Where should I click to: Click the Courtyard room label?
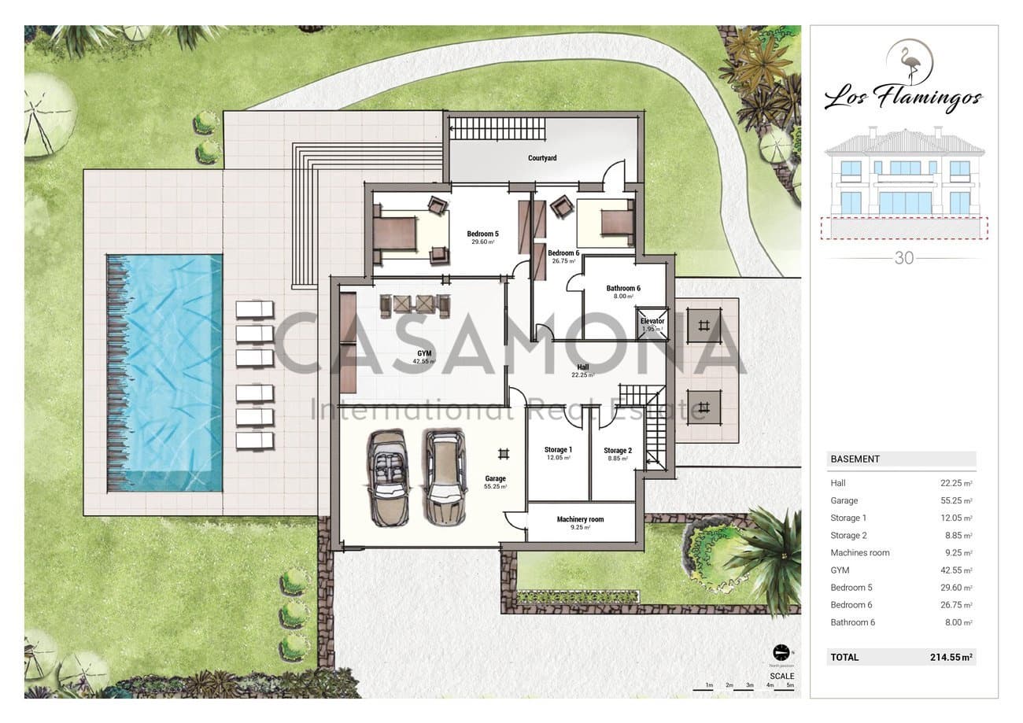pyautogui.click(x=542, y=158)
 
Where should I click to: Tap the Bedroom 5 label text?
pyautogui.click(x=482, y=234)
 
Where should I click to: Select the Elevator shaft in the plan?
pyautogui.click(x=652, y=324)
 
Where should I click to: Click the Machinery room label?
pyautogui.click(x=580, y=519)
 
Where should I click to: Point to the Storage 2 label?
pyautogui.click(x=616, y=451)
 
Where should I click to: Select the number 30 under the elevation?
pyautogui.click(x=904, y=257)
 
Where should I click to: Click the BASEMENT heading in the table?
pyautogui.click(x=855, y=459)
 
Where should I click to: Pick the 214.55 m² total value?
pyautogui.click(x=951, y=657)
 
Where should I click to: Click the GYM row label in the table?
pyautogui.click(x=840, y=570)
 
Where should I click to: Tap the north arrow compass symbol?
pyautogui.click(x=781, y=652)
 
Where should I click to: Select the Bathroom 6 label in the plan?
pyautogui.click(x=623, y=288)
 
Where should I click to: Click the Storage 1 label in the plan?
pyautogui.click(x=558, y=449)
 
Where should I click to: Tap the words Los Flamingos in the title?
pyautogui.click(x=903, y=99)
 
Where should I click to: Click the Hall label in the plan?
pyautogui.click(x=582, y=367)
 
